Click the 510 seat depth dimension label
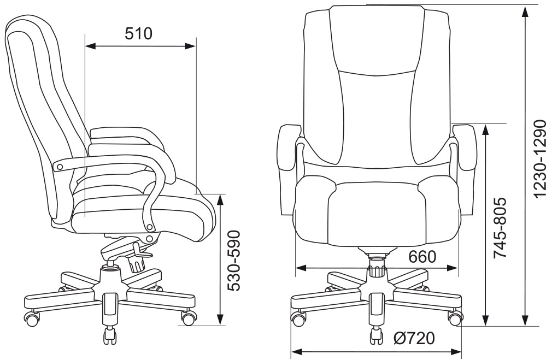(138, 34)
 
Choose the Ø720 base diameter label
(414, 339)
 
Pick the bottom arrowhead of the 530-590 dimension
(221, 321)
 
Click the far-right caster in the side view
(189, 317)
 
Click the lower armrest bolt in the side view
(150, 238)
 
